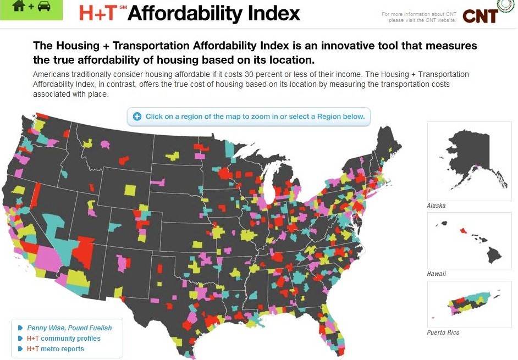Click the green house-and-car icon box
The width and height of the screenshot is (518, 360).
point(31,9)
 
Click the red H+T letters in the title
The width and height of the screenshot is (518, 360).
point(99,13)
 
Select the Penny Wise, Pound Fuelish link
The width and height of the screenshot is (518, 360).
point(69,328)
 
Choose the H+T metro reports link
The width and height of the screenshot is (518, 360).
point(56,348)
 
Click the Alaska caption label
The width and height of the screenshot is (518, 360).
point(436,206)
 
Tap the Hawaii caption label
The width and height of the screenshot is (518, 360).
point(436,273)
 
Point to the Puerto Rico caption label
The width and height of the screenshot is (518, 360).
point(443,333)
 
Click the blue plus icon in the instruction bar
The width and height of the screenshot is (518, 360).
point(137,117)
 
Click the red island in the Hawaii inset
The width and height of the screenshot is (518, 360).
point(464,230)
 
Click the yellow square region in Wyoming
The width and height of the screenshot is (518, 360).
point(130,190)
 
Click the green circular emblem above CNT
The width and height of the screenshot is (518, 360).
point(505,5)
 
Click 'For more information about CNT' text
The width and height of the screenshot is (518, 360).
point(419,14)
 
